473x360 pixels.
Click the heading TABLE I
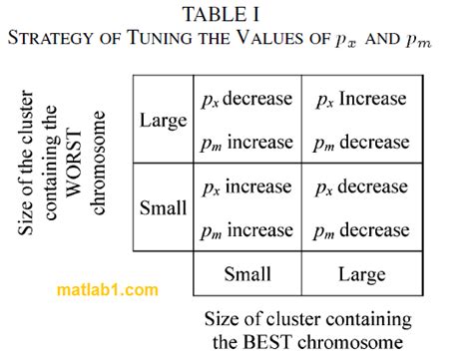[x=236, y=14]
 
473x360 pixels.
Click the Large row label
[x=163, y=121]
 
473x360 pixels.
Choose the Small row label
[x=163, y=208]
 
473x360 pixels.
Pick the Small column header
[x=247, y=272]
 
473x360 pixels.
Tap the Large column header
[x=361, y=272]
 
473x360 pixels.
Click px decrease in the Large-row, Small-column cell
[x=246, y=99]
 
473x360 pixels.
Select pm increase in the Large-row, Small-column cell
[x=246, y=143]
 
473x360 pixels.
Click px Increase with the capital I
[x=360, y=99]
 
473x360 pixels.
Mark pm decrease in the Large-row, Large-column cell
[x=360, y=143]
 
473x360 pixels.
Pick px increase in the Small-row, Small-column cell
[x=246, y=186]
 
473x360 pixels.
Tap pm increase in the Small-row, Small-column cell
[x=246, y=230]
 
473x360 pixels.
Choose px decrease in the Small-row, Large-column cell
[x=360, y=186]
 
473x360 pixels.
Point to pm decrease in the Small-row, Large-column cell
[x=360, y=230]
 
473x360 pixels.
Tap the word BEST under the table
[x=278, y=342]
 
